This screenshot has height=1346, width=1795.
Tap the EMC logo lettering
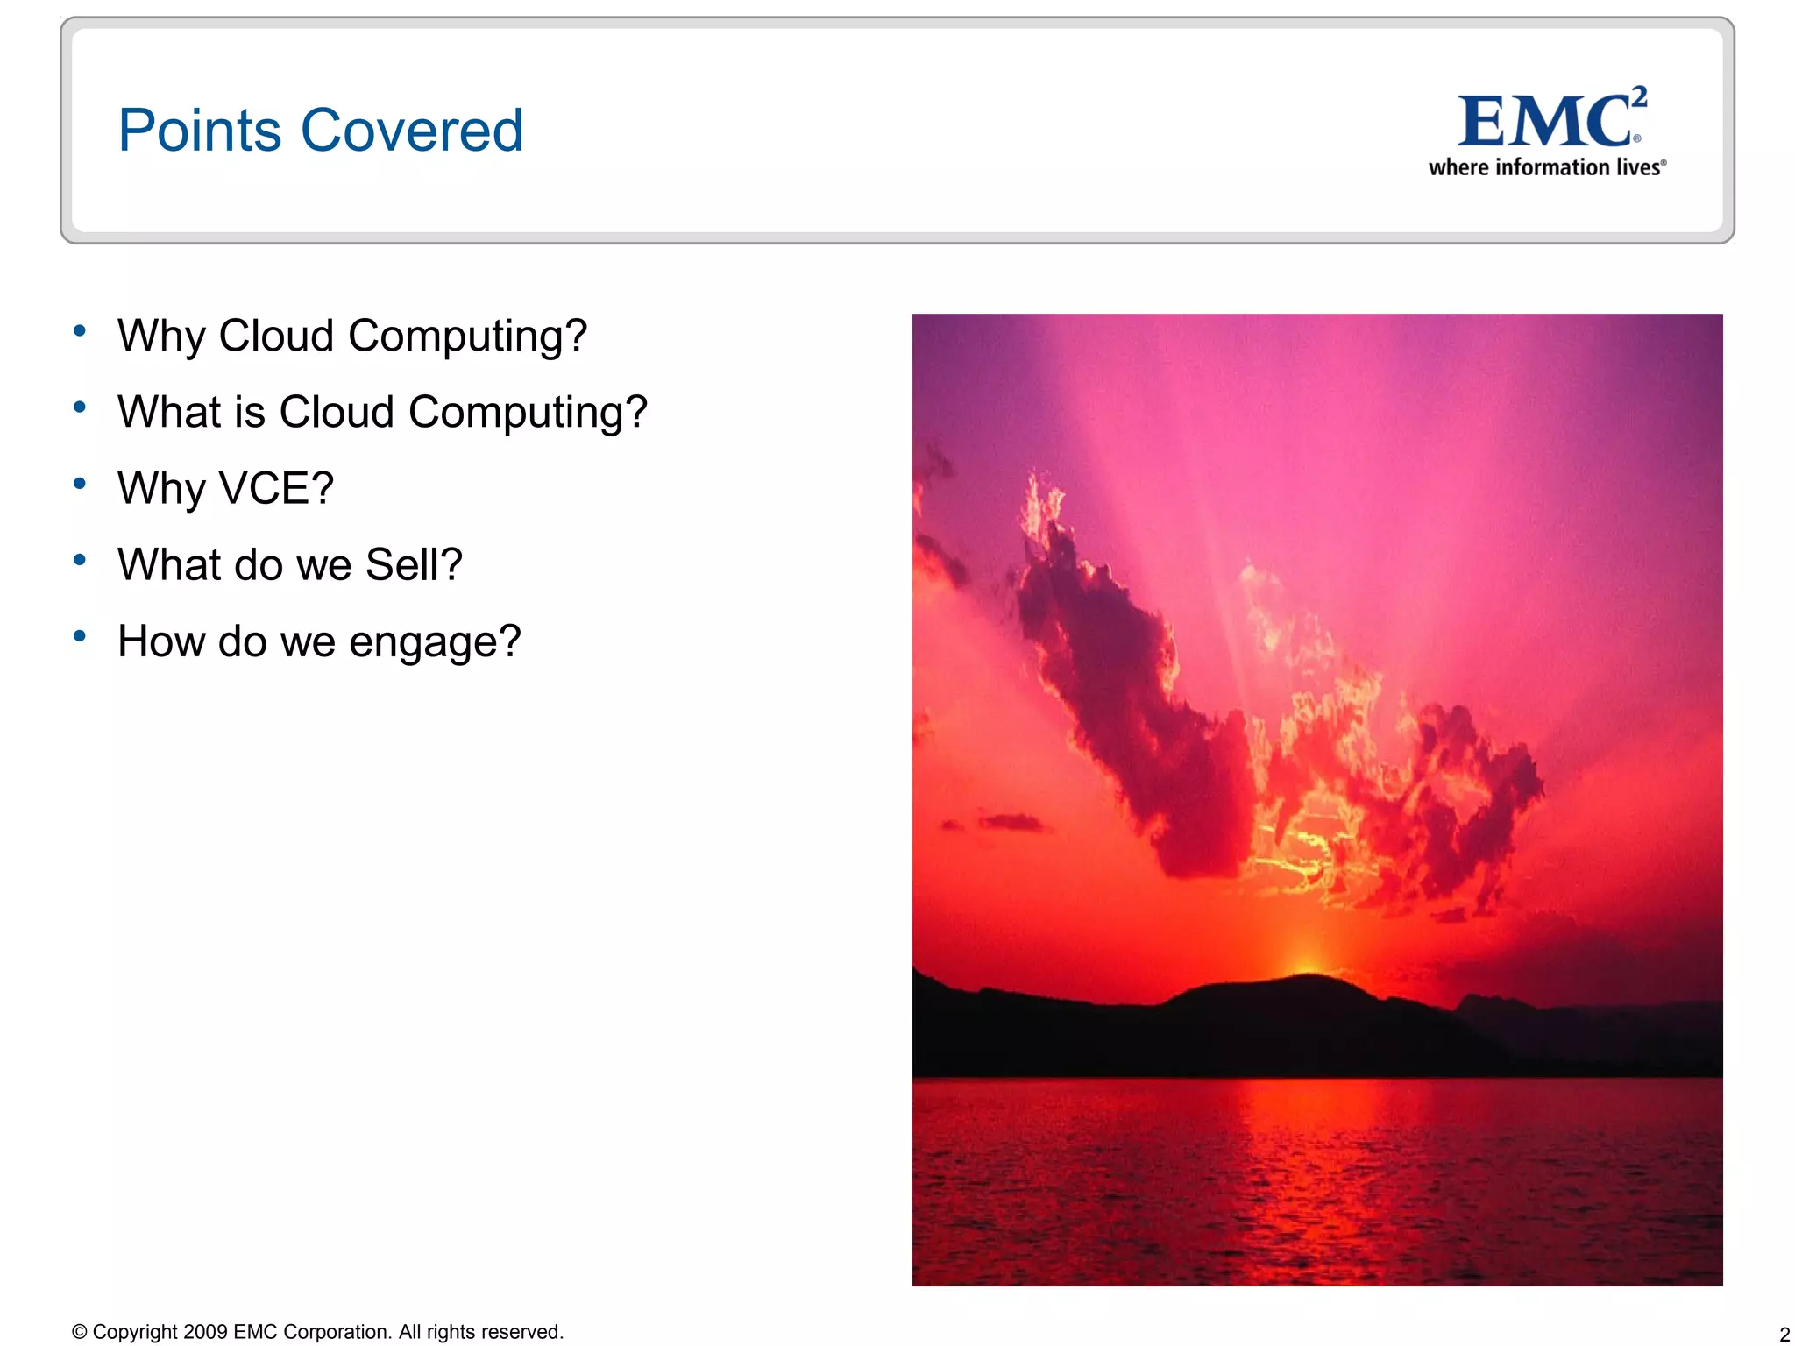tap(1543, 123)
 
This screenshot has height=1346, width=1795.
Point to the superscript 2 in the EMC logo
tap(1638, 96)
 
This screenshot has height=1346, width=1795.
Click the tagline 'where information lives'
tap(1546, 167)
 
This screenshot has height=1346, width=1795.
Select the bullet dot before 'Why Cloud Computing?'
tap(80, 330)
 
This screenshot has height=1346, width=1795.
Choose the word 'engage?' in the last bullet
tap(435, 641)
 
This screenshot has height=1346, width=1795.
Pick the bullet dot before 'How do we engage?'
tap(80, 635)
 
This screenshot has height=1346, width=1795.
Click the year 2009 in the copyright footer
tap(206, 1332)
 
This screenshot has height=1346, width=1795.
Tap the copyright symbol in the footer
tap(80, 1332)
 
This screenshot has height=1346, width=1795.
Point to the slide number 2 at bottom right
tap(1784, 1335)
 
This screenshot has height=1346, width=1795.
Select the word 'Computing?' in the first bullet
tap(467, 336)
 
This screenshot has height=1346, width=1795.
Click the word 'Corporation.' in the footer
tap(337, 1332)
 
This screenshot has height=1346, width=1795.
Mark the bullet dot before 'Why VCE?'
tap(80, 483)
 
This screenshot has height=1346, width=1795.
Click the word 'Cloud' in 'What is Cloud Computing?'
tap(337, 412)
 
